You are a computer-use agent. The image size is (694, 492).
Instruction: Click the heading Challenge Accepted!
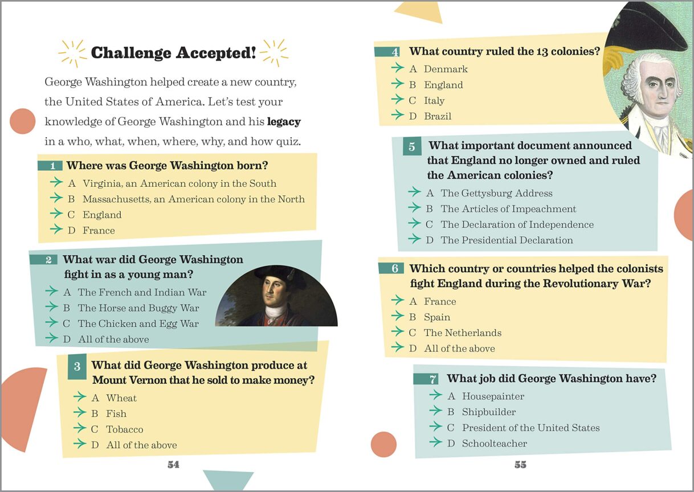point(173,53)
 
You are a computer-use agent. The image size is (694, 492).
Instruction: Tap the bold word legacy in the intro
point(284,122)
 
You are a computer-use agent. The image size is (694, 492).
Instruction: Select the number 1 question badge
point(50,165)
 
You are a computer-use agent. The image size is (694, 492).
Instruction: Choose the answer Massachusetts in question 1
point(194,199)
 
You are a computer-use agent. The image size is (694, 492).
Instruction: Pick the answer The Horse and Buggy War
point(138,308)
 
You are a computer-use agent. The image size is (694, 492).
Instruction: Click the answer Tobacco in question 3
point(125,429)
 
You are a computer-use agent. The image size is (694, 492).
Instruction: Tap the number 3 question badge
point(77,367)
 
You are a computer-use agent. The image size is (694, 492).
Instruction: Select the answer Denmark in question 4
point(446,69)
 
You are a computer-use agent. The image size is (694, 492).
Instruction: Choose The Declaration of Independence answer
point(517,224)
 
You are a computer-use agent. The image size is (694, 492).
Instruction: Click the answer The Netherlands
point(463,333)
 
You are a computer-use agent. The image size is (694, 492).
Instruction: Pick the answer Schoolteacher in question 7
point(495,444)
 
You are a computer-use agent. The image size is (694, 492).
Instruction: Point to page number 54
point(173,465)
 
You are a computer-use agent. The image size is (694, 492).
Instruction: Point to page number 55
point(521,465)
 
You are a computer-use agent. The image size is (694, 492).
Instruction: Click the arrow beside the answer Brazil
point(398,115)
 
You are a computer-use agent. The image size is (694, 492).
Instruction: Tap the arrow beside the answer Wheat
point(80,396)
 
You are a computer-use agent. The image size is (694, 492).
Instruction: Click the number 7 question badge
point(426,379)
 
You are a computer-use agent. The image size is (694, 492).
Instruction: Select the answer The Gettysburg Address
point(496,193)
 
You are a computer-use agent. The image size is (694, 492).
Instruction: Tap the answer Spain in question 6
point(437,317)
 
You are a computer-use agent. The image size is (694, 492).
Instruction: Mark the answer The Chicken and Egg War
point(138,323)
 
